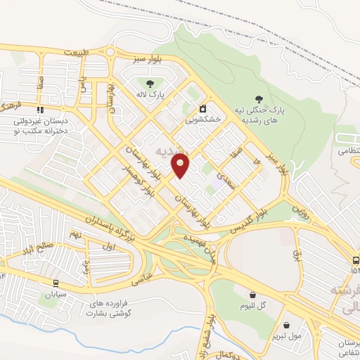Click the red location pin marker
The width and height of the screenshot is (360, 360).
coord(181,167)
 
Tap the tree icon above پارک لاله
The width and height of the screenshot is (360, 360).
coord(150,83)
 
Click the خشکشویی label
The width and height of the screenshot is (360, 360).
coord(202,120)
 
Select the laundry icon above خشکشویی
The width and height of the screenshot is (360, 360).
coord(202,108)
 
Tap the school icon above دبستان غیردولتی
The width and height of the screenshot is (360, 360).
coord(41,110)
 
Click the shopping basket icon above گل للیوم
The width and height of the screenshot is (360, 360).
coord(253,295)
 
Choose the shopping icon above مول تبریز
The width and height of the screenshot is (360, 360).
coord(287,324)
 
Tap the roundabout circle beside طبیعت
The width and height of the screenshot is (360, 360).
coord(110,51)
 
